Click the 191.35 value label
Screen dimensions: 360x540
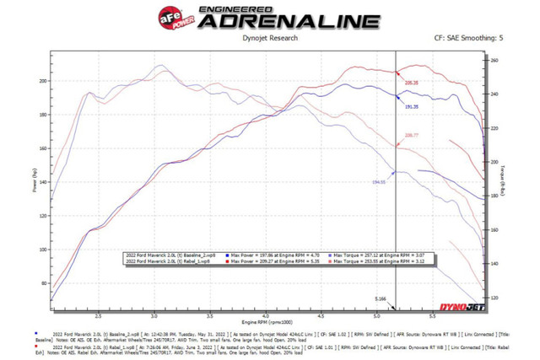[x=413, y=108]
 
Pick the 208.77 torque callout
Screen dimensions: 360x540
[x=412, y=135]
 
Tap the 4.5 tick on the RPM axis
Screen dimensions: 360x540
[x=321, y=316]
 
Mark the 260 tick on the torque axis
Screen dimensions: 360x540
[x=496, y=61]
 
